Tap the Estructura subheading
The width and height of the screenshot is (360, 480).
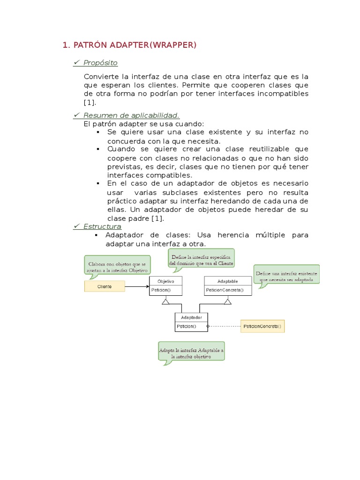pos(102,226)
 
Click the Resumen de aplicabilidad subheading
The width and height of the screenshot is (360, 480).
pos(131,115)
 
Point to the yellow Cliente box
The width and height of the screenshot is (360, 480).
pos(105,286)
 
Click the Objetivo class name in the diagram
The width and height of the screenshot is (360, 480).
pos(165,281)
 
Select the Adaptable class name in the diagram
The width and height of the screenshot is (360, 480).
pos(228,281)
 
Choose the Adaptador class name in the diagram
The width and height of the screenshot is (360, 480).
pos(191,317)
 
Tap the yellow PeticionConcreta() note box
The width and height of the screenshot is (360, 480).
pos(262,326)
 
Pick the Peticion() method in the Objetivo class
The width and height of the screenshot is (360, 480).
pos(160,290)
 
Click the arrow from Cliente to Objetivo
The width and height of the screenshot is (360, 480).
pos(137,286)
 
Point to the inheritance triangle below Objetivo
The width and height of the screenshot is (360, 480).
pos(165,301)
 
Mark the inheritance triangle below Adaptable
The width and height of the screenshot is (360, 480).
pos(228,301)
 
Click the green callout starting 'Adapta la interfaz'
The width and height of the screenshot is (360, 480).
pos(191,353)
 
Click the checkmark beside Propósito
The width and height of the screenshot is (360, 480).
pos(77,63)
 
